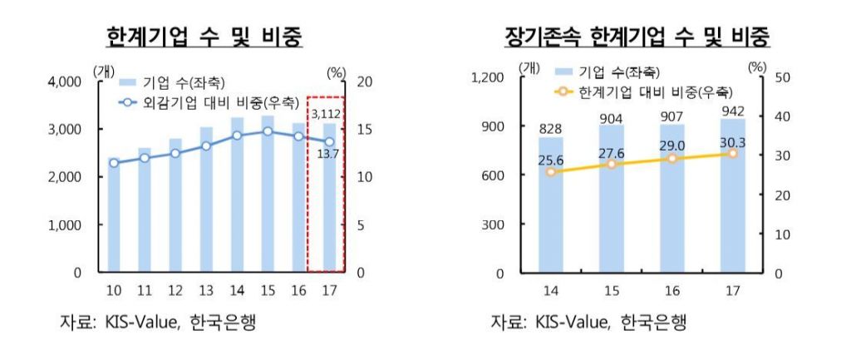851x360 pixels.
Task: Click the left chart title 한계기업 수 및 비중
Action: [204, 37]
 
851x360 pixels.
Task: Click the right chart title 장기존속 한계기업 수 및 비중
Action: [637, 37]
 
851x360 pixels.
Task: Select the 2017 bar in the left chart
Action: [330, 208]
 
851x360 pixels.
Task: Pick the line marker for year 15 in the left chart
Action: [268, 131]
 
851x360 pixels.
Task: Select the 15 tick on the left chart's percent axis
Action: [364, 130]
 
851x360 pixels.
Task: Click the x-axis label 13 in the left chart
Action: [206, 290]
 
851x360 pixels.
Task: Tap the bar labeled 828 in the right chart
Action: [550, 208]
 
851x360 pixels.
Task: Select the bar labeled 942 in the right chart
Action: [732, 200]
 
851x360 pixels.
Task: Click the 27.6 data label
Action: [611, 153]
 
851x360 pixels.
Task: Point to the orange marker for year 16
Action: [671, 158]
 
